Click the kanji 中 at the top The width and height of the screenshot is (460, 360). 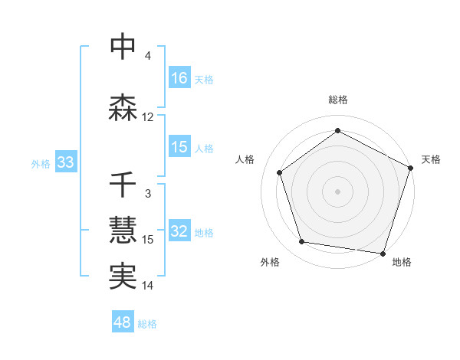pyautogui.click(x=123, y=47)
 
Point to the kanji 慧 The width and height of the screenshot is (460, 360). pyautogui.click(x=123, y=231)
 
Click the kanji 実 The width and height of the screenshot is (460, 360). pyautogui.click(x=123, y=277)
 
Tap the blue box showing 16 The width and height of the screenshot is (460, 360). pyautogui.click(x=179, y=77)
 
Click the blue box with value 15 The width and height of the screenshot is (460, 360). pyautogui.click(x=179, y=147)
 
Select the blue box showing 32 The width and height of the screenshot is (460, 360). pyautogui.click(x=179, y=231)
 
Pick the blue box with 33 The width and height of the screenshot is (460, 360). pyautogui.click(x=65, y=162)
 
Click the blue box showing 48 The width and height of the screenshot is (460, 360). pyautogui.click(x=123, y=322)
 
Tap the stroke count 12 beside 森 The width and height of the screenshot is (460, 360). pyautogui.click(x=148, y=117)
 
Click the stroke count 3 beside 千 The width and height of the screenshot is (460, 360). pyautogui.click(x=148, y=194)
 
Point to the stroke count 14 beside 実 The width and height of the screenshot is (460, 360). pyautogui.click(x=148, y=286)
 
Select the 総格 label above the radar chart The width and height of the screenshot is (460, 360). pyautogui.click(x=338, y=100)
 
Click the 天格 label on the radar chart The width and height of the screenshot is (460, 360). pyautogui.click(x=431, y=159)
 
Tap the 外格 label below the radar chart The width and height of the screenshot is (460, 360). pyautogui.click(x=270, y=262)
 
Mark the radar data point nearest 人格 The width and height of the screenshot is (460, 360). pyautogui.click(x=280, y=172)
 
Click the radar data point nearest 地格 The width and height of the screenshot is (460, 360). pyautogui.click(x=383, y=254)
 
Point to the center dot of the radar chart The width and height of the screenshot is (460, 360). pyautogui.click(x=338, y=191)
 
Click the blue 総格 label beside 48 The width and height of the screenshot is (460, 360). pyautogui.click(x=147, y=323)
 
